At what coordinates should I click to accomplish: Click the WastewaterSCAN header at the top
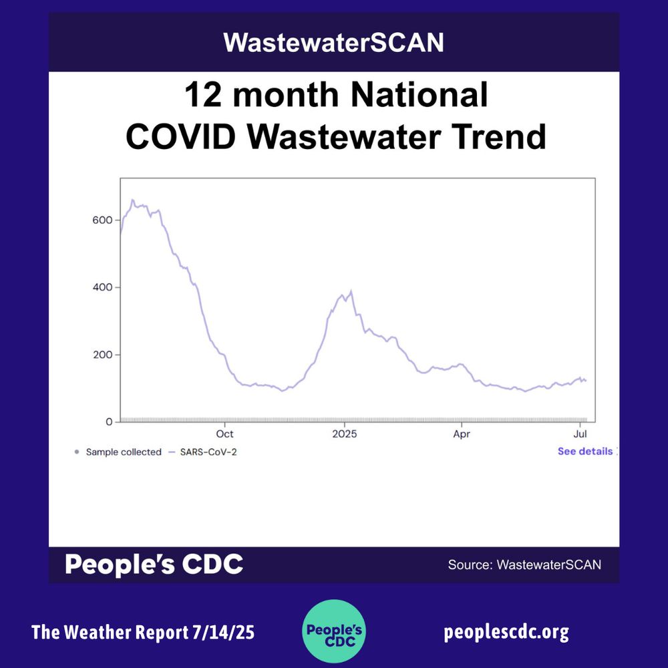coord(333,43)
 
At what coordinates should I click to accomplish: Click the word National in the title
coord(420,96)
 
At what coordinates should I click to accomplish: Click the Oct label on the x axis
coord(225,434)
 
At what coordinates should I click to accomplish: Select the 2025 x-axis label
coord(344,434)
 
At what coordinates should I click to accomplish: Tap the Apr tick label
coord(462,434)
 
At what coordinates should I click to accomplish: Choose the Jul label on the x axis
coord(580,434)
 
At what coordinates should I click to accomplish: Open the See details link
coord(585,452)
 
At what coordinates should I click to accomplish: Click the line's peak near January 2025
coord(351,291)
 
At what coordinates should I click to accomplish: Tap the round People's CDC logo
coord(333,631)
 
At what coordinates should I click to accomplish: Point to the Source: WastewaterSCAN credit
coord(524,565)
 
